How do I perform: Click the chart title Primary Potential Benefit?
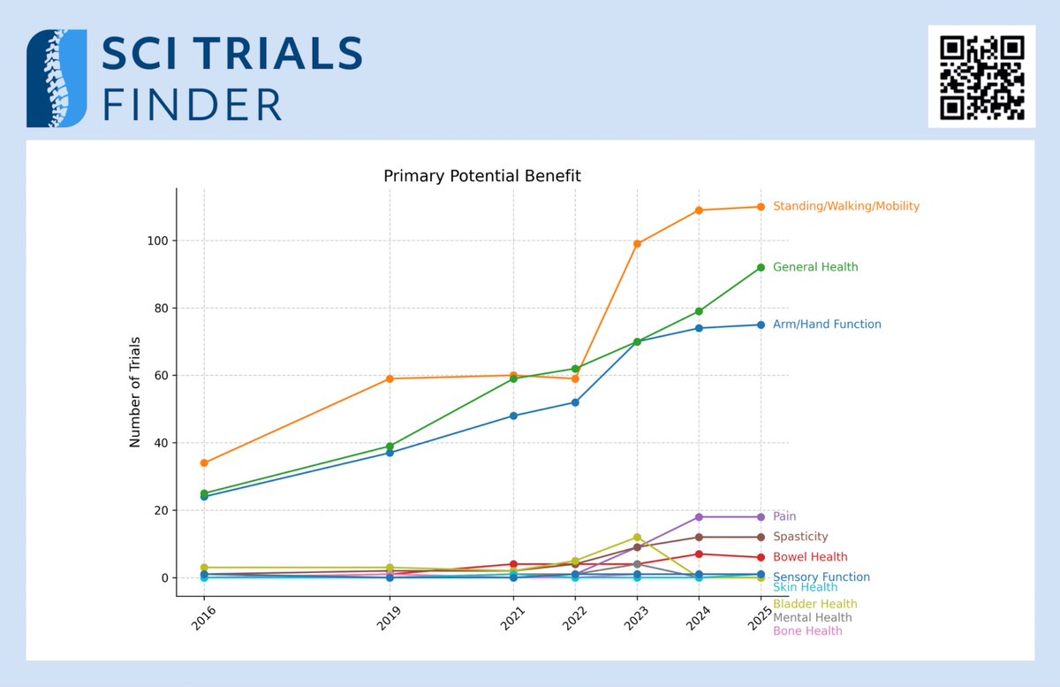coord(481,176)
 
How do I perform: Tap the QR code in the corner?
coord(981,77)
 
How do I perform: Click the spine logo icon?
coord(57,78)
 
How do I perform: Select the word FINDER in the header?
coord(192,104)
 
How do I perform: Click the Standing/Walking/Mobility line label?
coord(845,206)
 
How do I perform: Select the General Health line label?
coord(814,267)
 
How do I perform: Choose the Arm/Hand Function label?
coord(826,324)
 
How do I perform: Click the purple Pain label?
coord(784,516)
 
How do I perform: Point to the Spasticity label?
coord(799,537)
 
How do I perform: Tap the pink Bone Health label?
coord(806,631)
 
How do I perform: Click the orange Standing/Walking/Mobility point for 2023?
coord(637,244)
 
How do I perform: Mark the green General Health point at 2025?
coord(761,267)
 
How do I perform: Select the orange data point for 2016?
coord(204,462)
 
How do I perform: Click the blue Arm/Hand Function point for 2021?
coord(513,416)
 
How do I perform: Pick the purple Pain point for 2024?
coord(699,517)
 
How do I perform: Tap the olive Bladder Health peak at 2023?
coord(637,537)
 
